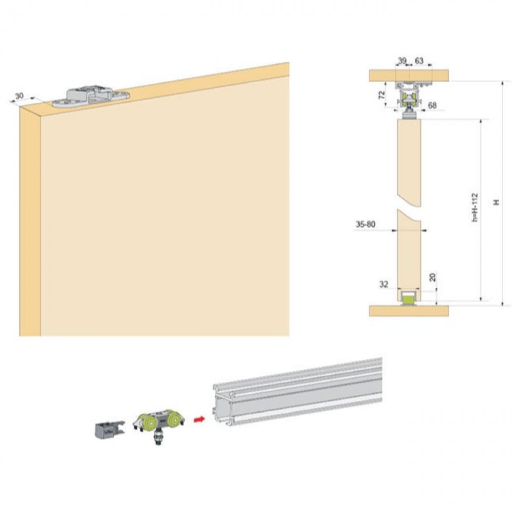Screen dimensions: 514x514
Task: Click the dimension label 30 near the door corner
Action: click(x=20, y=96)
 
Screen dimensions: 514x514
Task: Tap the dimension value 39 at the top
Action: click(x=402, y=61)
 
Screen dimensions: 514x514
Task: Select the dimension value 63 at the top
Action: click(x=419, y=61)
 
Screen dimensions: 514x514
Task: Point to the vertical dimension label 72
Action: click(x=381, y=95)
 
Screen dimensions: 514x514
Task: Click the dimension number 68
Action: click(x=432, y=105)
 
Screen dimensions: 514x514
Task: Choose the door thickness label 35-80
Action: click(x=365, y=225)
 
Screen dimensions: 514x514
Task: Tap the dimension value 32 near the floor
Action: click(x=384, y=285)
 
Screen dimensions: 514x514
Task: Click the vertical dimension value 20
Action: click(x=433, y=278)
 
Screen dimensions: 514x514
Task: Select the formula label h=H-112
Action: click(x=474, y=208)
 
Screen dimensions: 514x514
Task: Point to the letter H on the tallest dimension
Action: click(x=497, y=202)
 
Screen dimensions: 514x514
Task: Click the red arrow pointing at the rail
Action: click(x=199, y=419)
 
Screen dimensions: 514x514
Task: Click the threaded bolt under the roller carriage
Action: click(x=159, y=439)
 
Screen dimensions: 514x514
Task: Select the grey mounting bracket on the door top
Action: click(x=90, y=97)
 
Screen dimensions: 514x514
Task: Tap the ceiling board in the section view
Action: click(x=409, y=76)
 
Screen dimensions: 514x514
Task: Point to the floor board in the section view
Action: click(x=409, y=311)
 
